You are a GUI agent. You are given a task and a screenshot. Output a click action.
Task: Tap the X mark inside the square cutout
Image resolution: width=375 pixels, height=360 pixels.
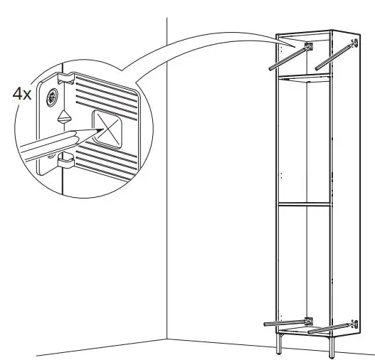(x=108, y=128)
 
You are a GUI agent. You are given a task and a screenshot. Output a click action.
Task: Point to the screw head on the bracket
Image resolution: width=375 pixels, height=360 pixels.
(x=52, y=96)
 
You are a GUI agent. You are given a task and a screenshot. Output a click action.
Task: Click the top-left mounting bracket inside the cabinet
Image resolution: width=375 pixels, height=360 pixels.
(x=309, y=47)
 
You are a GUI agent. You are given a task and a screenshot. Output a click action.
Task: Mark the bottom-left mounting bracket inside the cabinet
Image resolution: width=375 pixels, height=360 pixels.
(x=308, y=319)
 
